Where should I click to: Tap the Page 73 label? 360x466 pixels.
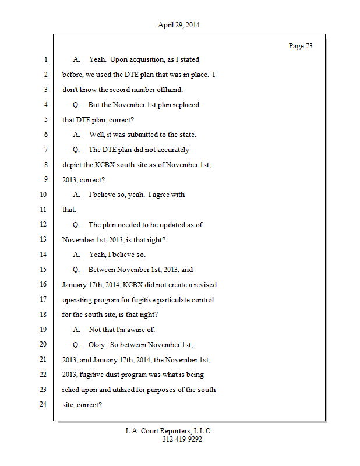[x=301, y=46]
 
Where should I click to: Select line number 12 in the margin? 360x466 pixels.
[x=44, y=224]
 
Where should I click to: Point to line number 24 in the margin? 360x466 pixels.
[x=44, y=404]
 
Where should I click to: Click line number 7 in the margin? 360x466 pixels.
[x=45, y=149]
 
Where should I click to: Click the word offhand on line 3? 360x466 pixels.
[x=170, y=90]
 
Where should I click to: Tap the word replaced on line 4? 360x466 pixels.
[x=185, y=105]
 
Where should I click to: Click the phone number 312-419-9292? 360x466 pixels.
[x=182, y=439]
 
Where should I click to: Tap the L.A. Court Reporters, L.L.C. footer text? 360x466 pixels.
[x=169, y=431]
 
